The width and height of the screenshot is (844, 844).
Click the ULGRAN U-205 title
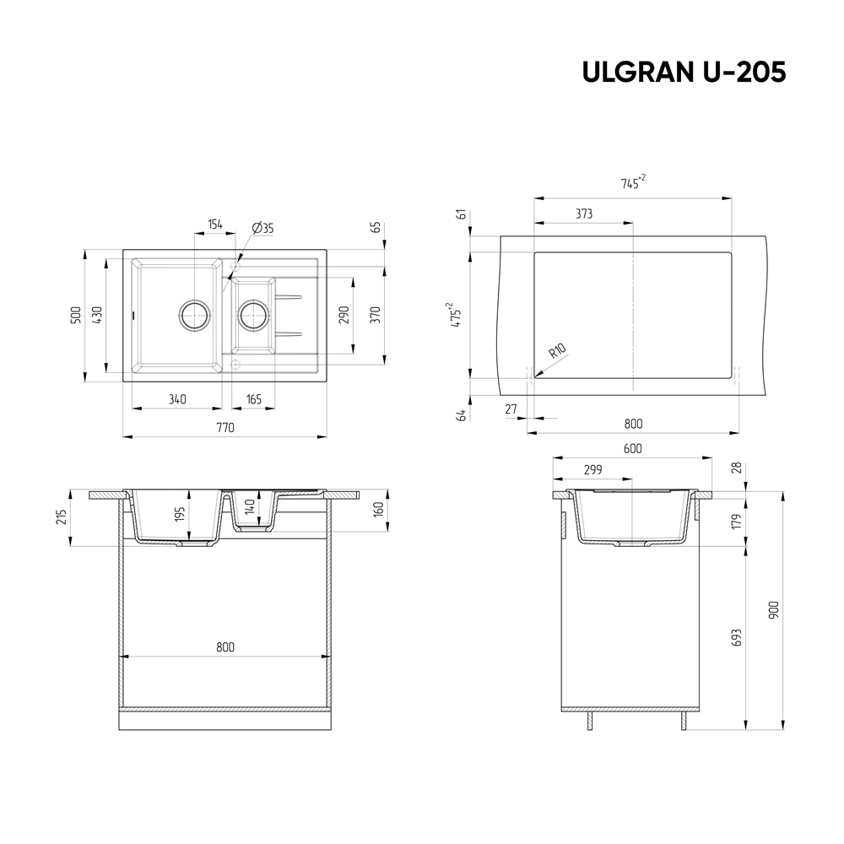[x=684, y=73]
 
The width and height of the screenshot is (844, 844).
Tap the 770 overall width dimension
[x=225, y=428]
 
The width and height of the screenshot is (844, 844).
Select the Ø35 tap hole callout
[x=262, y=228]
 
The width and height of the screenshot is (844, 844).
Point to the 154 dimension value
[x=214, y=225]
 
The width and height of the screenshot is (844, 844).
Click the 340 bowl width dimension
[x=177, y=399]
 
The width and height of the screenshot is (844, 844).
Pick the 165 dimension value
[x=253, y=399]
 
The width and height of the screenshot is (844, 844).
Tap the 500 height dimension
[x=76, y=316]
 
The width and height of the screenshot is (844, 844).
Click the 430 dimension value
[x=97, y=316]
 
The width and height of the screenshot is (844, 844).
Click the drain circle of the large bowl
[x=194, y=316]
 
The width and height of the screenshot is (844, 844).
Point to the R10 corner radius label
[x=557, y=352]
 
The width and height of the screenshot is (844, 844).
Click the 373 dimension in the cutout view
[x=583, y=214]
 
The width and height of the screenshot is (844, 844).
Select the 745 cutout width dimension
[x=633, y=183]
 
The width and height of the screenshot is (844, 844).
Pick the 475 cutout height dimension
[x=457, y=315]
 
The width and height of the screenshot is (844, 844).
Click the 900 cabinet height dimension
[x=774, y=609]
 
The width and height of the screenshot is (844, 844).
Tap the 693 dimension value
[x=737, y=637]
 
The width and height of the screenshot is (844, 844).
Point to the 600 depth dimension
[x=633, y=448]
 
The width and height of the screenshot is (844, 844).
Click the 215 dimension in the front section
[x=61, y=517]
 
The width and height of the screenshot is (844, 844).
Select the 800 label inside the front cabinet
[x=225, y=647]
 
